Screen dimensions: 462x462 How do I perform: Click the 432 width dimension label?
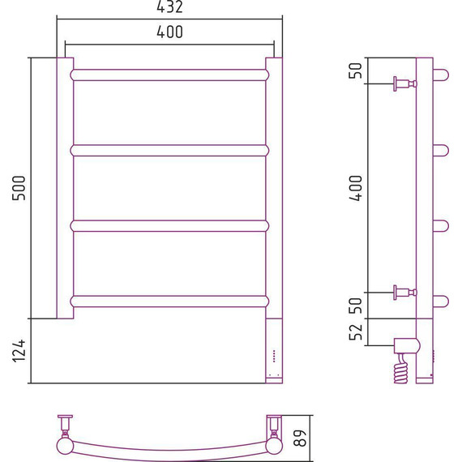[169, 6]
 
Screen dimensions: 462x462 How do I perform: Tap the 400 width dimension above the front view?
[169, 32]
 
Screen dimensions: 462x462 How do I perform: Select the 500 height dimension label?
[19, 188]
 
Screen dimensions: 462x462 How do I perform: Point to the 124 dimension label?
[19, 351]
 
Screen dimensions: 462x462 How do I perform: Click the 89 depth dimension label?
[300, 438]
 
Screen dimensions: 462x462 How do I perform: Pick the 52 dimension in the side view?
[355, 332]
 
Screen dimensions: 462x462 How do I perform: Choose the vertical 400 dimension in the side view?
[355, 188]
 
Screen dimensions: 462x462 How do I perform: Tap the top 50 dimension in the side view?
[355, 71]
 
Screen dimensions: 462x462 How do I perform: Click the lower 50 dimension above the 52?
[355, 306]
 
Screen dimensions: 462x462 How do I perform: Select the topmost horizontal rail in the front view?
[169, 75]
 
